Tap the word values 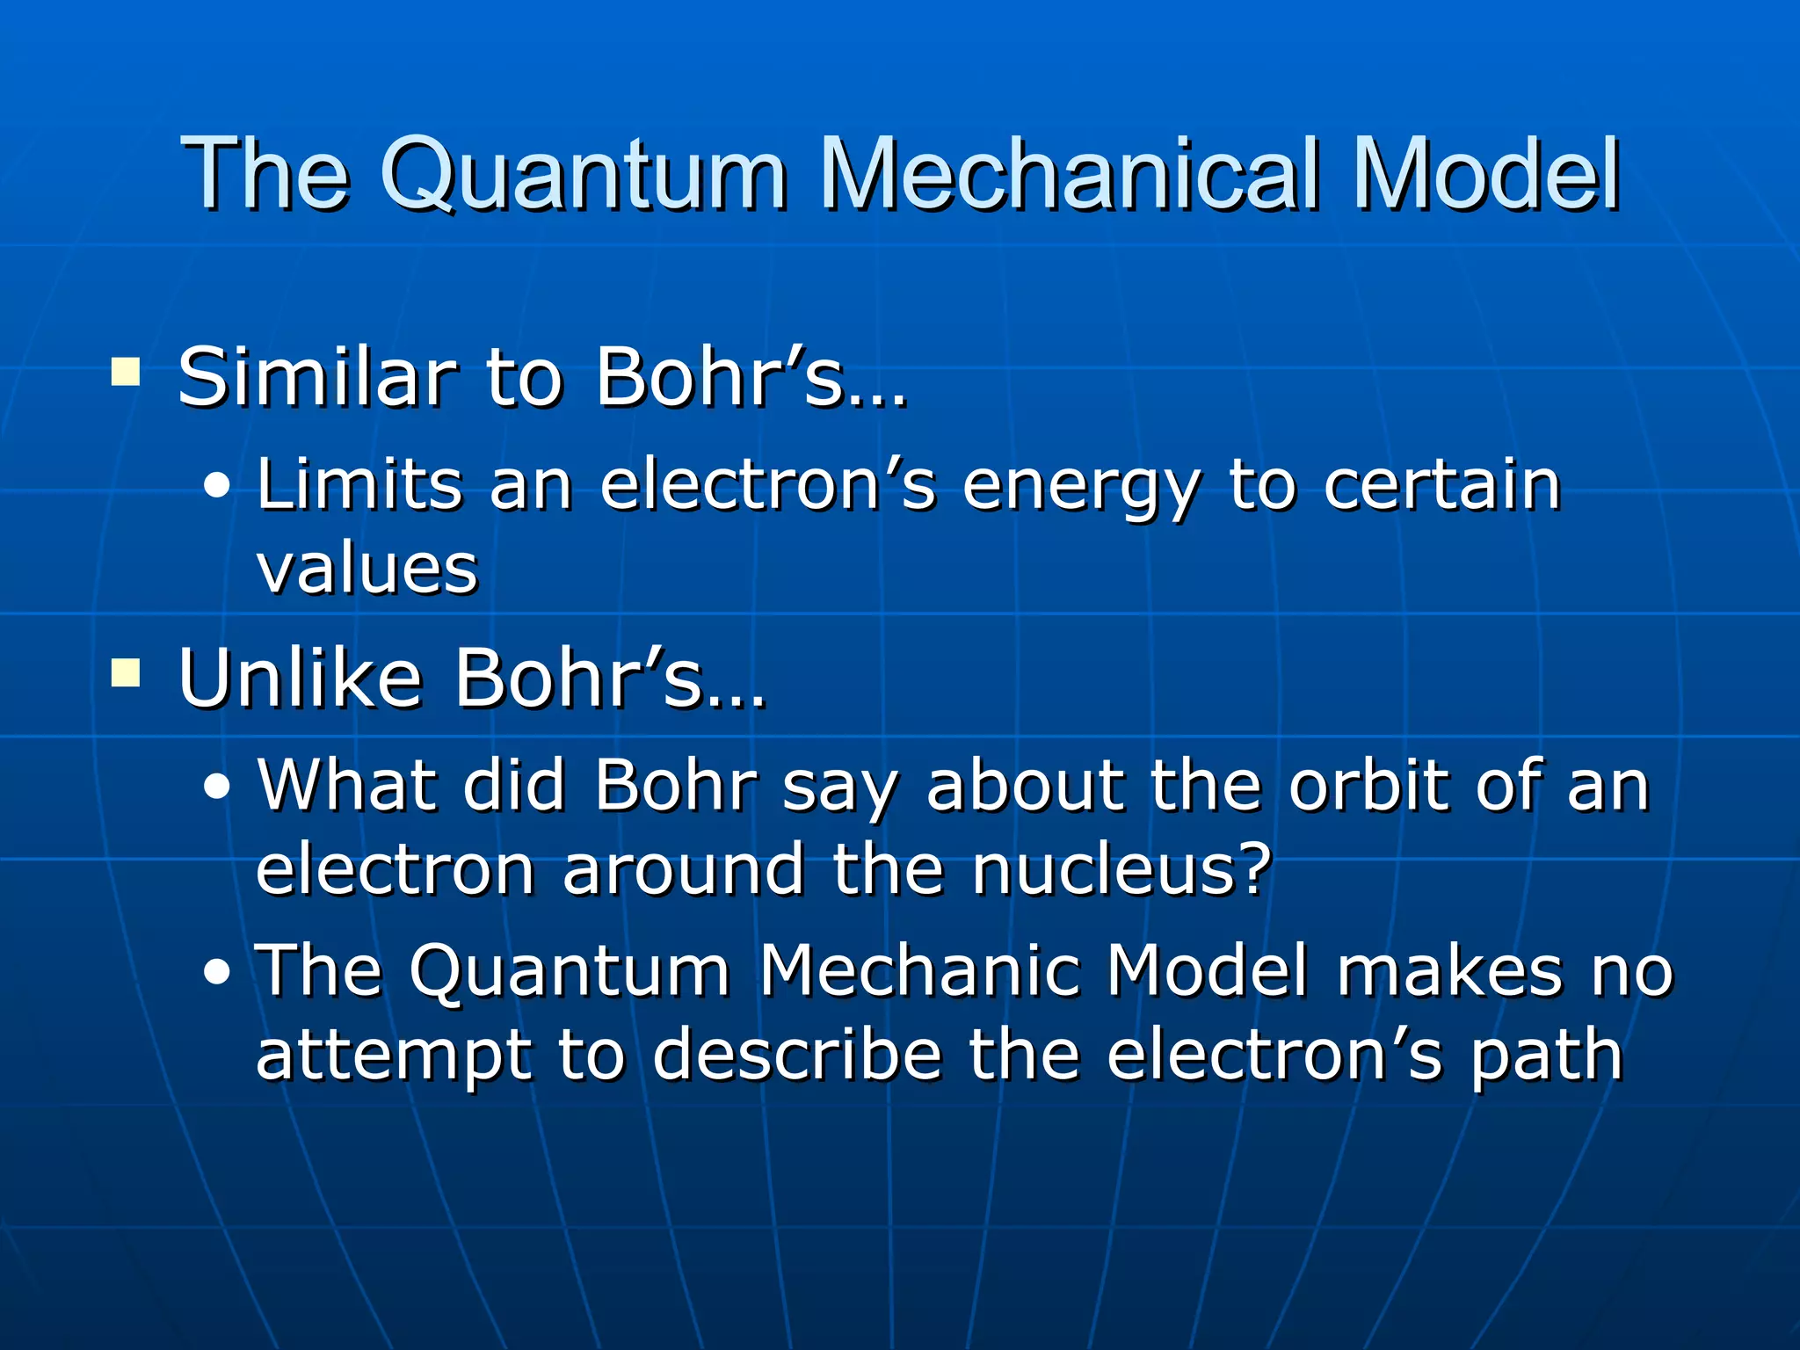click(367, 569)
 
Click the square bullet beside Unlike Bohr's click(126, 674)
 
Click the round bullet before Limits click(216, 486)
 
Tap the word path click(1546, 1056)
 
